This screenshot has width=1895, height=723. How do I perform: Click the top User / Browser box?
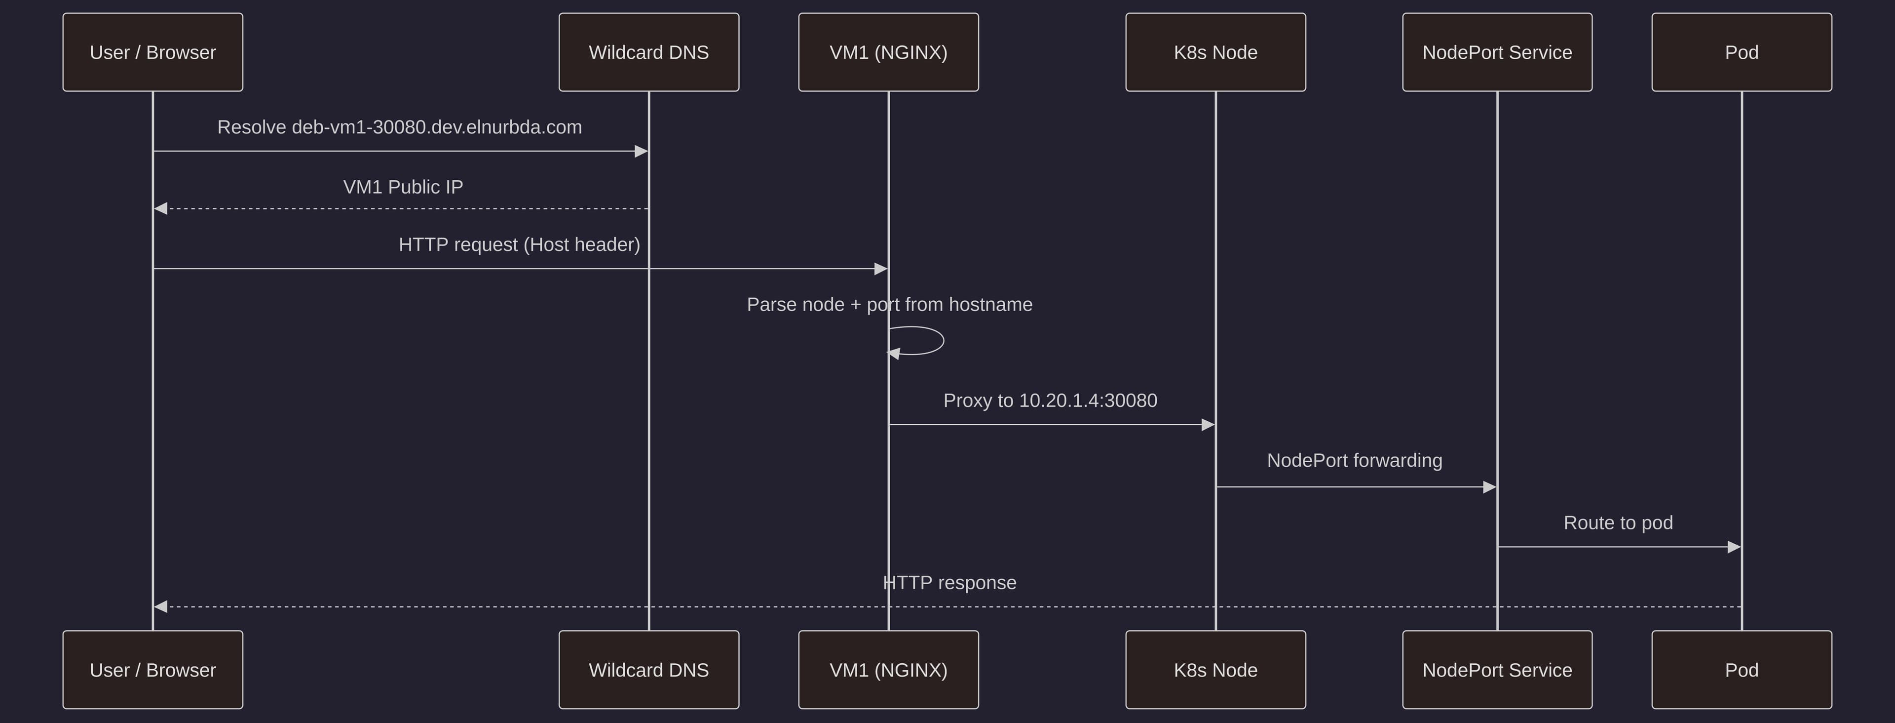coord(152,52)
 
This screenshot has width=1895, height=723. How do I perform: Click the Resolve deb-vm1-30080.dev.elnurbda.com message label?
coord(399,127)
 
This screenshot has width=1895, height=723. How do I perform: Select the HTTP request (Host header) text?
coord(519,244)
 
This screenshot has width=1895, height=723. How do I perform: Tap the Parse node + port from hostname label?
coord(889,305)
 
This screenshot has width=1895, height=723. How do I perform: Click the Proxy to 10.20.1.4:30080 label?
coord(1050,401)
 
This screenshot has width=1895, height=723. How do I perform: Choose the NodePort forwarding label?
coord(1354,461)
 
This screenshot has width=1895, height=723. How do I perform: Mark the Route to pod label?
coord(1618,522)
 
